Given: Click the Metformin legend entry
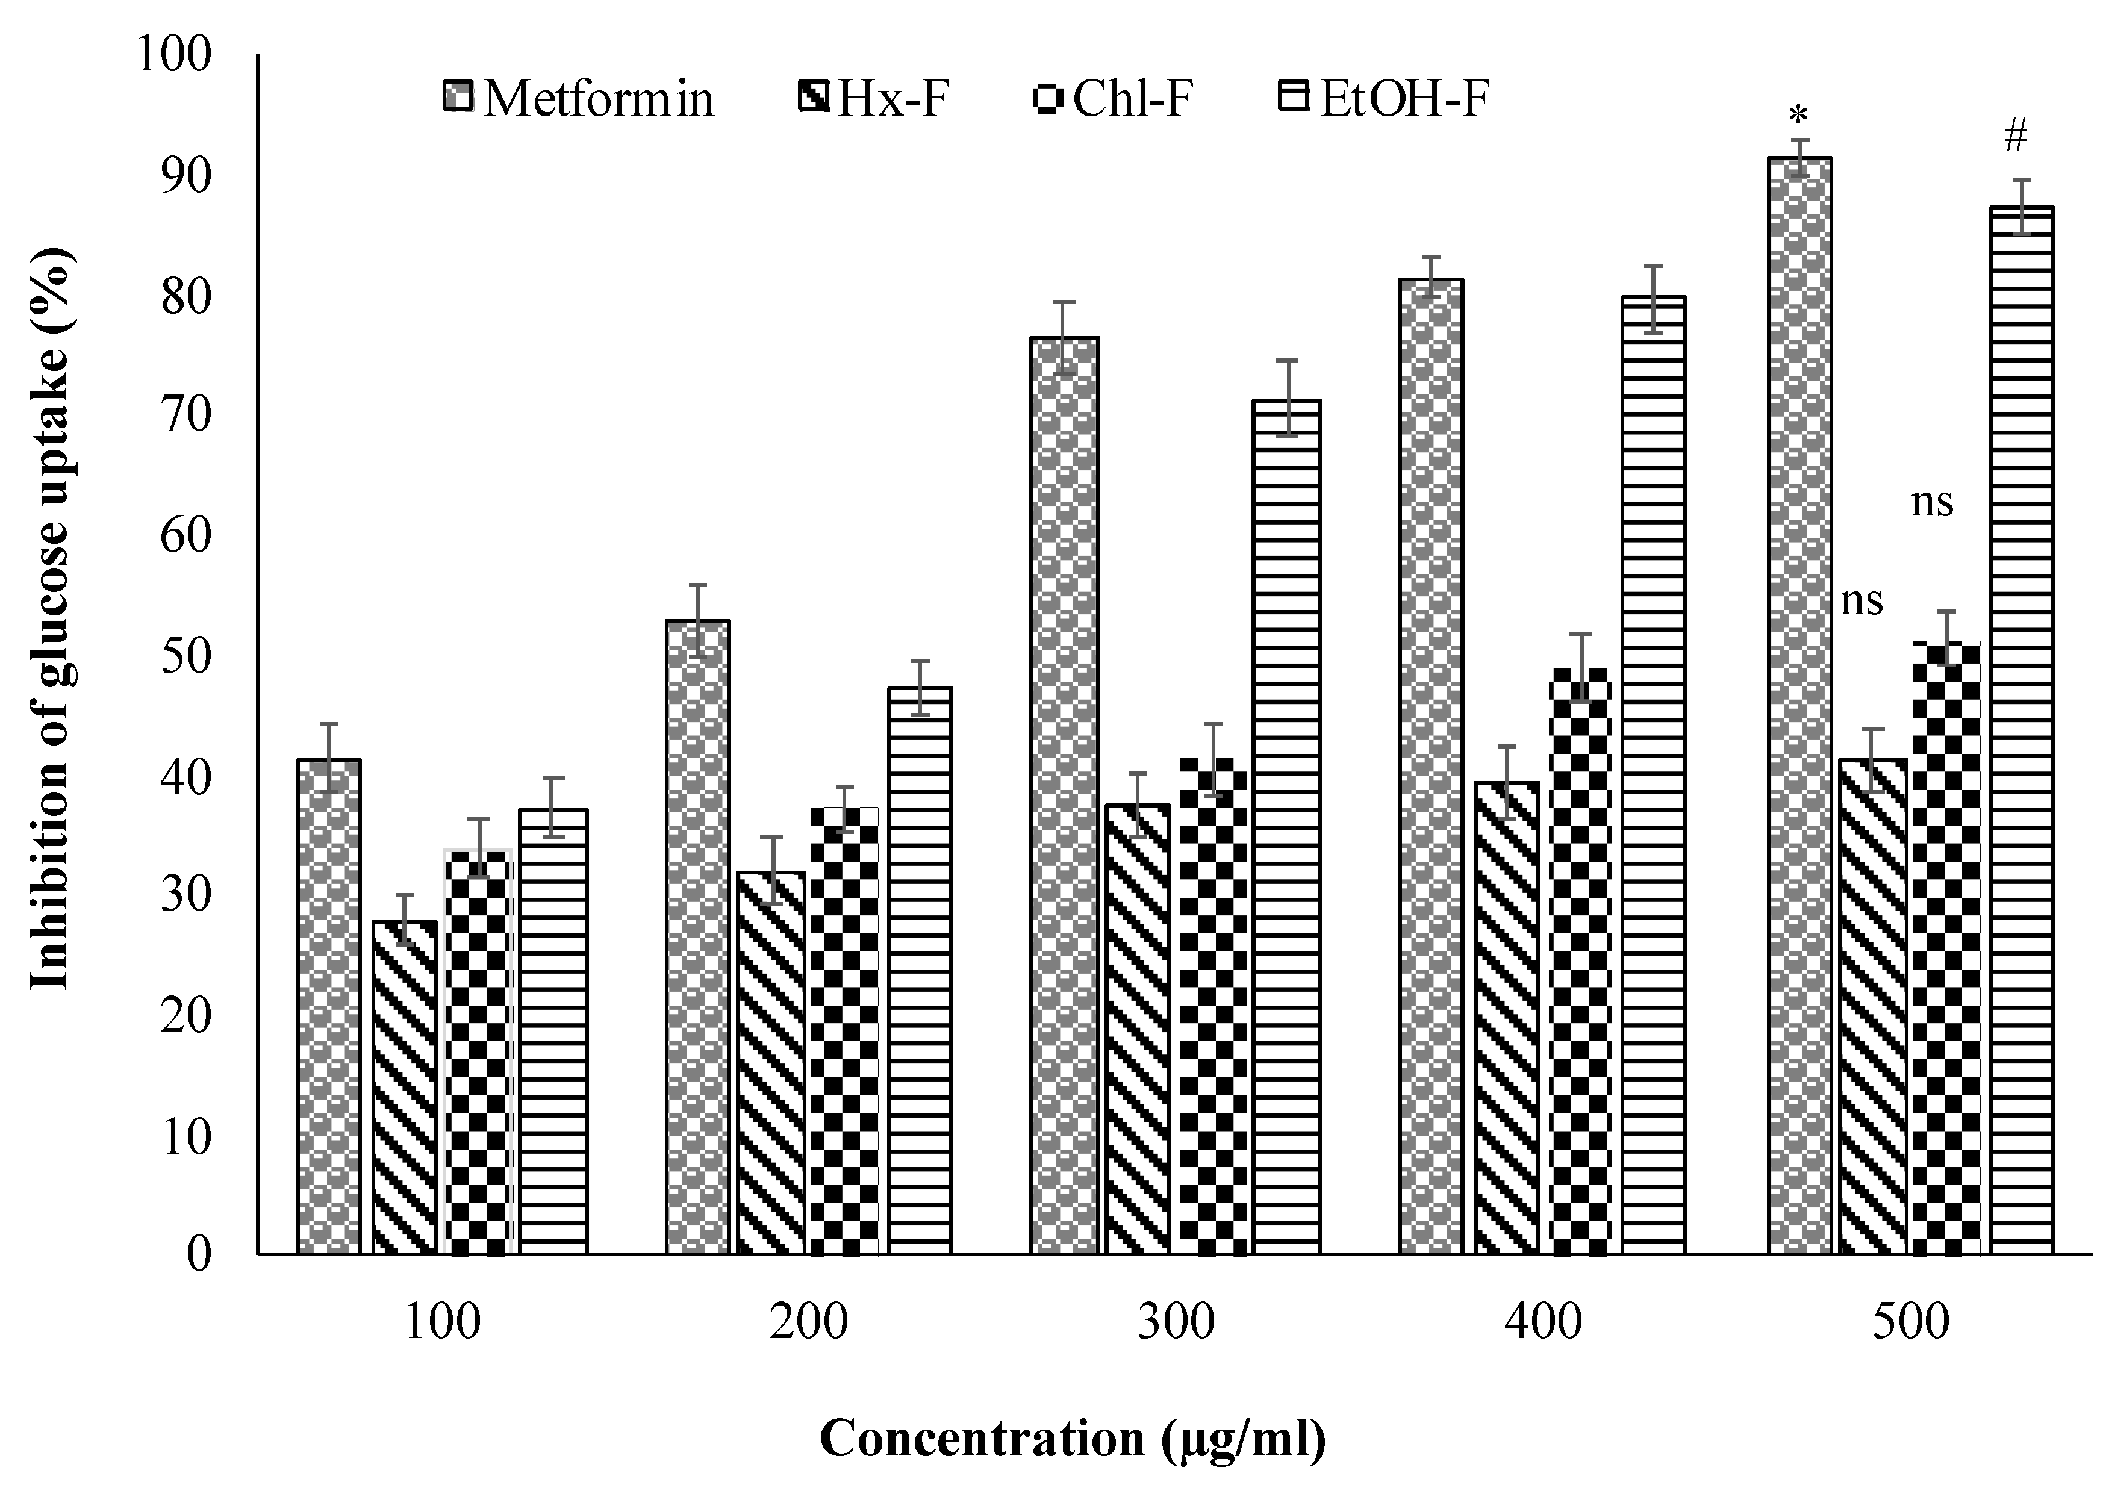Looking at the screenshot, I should [578, 99].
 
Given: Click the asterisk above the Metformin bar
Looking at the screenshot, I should [1799, 117].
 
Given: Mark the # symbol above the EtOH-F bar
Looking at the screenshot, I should [2016, 137].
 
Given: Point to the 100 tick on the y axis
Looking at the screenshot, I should [173, 55].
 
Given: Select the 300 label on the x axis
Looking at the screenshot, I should [1176, 1323].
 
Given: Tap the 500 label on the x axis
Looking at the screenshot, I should [1910, 1323].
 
